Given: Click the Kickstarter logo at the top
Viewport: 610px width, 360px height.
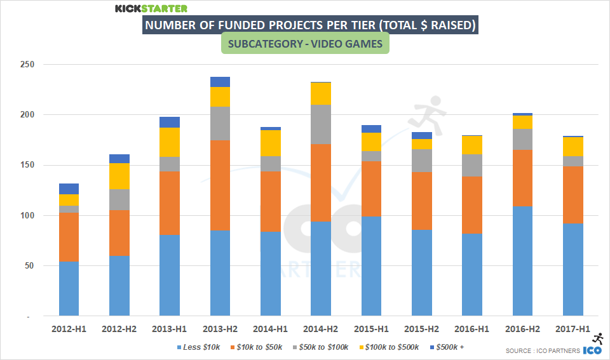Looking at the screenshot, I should [151, 8].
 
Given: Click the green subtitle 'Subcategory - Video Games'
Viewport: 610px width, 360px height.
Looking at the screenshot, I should [304, 44].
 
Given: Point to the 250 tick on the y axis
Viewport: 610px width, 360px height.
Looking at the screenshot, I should [27, 65].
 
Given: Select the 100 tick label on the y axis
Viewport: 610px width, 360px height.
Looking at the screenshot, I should [27, 216].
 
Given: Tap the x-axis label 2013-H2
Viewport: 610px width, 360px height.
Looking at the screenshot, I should [220, 330].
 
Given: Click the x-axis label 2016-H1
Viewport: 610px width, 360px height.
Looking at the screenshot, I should [471, 330].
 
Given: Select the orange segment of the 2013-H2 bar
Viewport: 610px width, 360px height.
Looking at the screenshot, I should [220, 185].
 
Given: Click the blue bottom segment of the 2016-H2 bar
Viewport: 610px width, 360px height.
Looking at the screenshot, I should [522, 261].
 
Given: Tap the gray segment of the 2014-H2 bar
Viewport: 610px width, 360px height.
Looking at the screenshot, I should [320, 124].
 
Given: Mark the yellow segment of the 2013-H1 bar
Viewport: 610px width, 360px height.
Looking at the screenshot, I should [170, 142].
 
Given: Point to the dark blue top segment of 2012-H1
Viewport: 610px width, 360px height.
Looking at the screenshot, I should [69, 189].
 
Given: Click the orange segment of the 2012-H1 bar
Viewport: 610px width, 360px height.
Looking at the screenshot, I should [69, 237].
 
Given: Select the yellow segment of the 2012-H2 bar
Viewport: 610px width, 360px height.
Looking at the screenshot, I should [119, 176].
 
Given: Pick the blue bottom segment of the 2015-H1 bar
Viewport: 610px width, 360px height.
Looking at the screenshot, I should [371, 266].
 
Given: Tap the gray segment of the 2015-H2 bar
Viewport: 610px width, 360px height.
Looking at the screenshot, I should [421, 161].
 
